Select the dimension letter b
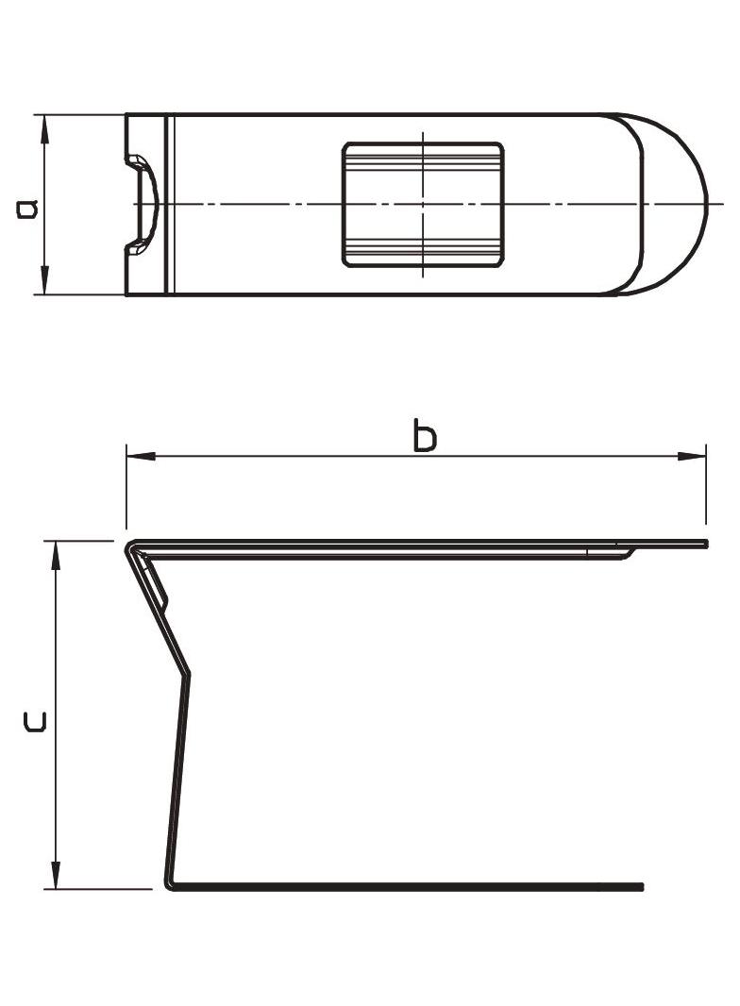(x=425, y=436)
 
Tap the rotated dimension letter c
(x=34, y=722)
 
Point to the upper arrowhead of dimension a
(x=43, y=126)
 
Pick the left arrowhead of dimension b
(x=140, y=457)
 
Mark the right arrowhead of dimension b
(x=692, y=457)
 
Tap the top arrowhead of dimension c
(x=57, y=554)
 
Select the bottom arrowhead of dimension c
(x=57, y=876)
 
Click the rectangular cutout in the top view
(x=423, y=205)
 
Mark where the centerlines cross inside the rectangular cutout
(x=423, y=204)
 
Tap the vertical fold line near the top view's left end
(x=168, y=204)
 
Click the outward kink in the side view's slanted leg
(x=188, y=672)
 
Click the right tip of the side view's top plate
(x=705, y=544)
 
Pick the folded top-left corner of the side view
(x=132, y=546)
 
